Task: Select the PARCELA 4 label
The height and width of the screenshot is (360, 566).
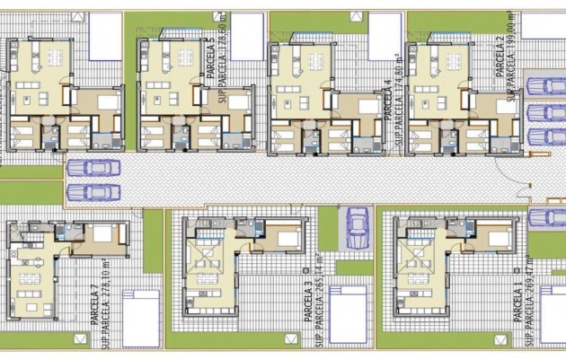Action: (388, 100)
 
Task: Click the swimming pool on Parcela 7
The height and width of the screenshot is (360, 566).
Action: (140, 318)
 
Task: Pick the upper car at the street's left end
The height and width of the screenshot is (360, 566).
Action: (93, 168)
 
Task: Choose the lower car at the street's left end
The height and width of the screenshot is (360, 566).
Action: (93, 192)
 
